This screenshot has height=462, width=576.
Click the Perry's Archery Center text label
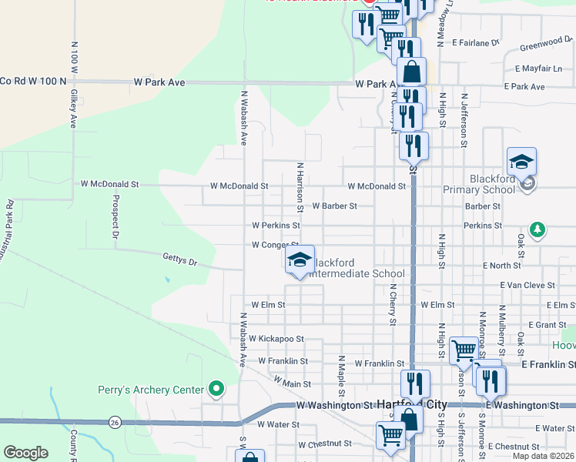point(152,390)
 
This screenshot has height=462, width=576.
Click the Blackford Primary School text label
point(479,189)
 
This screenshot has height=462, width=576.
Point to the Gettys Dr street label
point(180,259)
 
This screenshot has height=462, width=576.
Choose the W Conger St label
point(275,246)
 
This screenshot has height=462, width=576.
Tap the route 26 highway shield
point(114,422)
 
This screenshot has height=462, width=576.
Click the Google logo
point(25,453)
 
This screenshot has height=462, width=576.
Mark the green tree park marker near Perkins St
point(537,229)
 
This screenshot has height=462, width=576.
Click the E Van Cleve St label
point(527,285)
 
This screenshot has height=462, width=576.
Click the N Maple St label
point(340,375)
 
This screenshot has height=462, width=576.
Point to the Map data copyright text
point(544,456)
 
